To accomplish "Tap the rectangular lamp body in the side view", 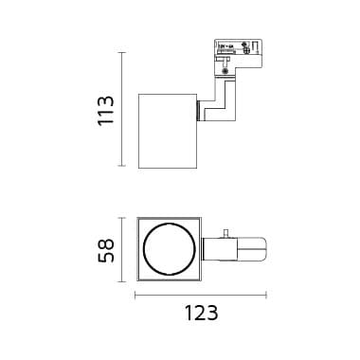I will point(168,131).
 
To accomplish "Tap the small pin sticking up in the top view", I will point(226,233).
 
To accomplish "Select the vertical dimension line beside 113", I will point(121,110).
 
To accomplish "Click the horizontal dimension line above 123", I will point(200,296).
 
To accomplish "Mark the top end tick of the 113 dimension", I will point(121,52).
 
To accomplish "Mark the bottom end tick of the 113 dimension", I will point(121,167).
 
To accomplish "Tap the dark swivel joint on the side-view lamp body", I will point(199,111).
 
